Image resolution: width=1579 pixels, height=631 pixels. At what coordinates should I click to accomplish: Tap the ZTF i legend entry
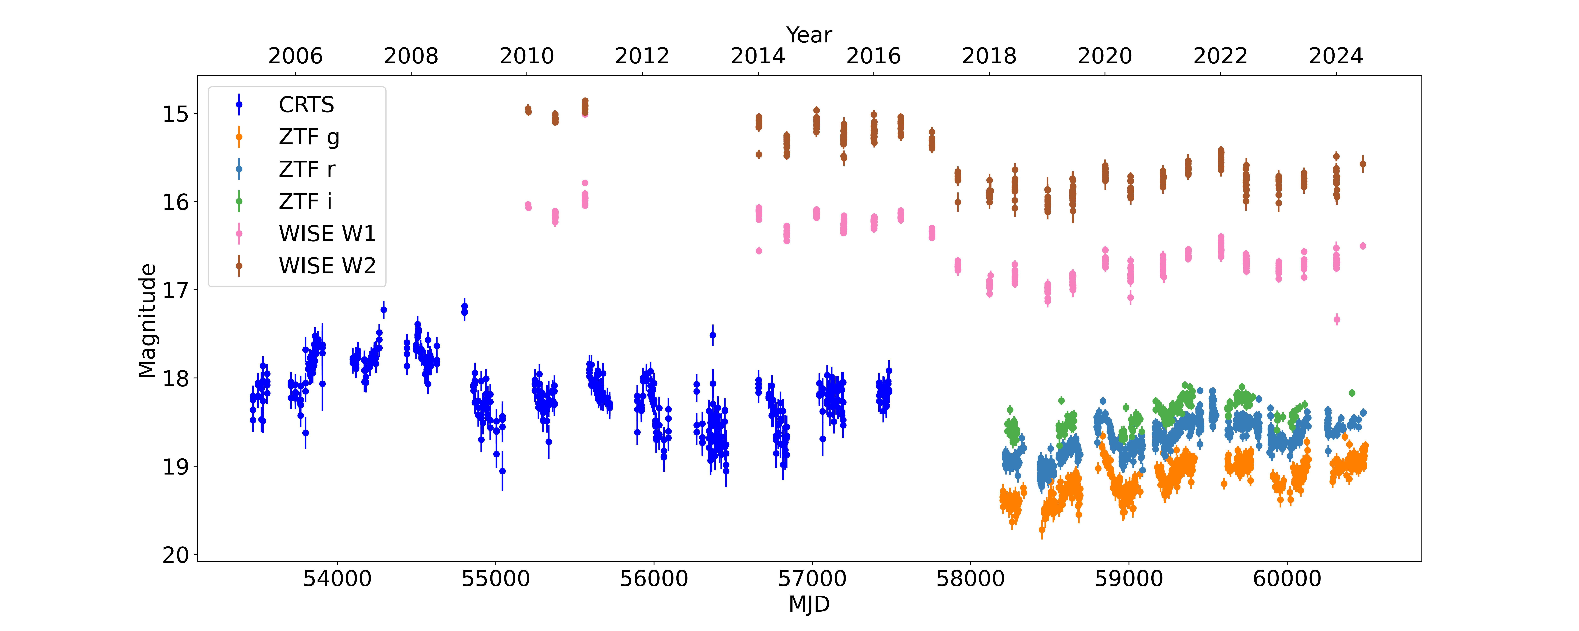[x=305, y=202]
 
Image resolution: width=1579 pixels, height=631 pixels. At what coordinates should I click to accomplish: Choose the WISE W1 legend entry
[x=327, y=233]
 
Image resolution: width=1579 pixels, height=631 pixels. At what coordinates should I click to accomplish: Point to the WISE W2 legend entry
[x=327, y=266]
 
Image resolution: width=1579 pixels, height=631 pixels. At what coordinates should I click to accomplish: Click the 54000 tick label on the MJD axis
[x=337, y=578]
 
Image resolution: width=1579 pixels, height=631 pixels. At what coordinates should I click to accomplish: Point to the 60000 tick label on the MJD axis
[x=1287, y=578]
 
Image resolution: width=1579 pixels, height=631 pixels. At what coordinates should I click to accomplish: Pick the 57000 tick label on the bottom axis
[x=812, y=578]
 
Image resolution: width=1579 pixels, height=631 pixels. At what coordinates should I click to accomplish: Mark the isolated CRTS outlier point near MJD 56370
[x=712, y=335]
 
